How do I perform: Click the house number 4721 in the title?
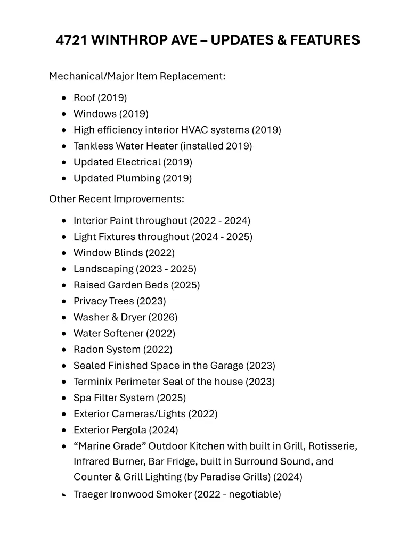tap(72, 40)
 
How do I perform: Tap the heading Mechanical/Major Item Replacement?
tap(137, 76)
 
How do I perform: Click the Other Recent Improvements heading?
tap(117, 199)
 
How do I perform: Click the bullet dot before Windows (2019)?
tap(64, 114)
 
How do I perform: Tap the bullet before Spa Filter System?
tap(64, 398)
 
